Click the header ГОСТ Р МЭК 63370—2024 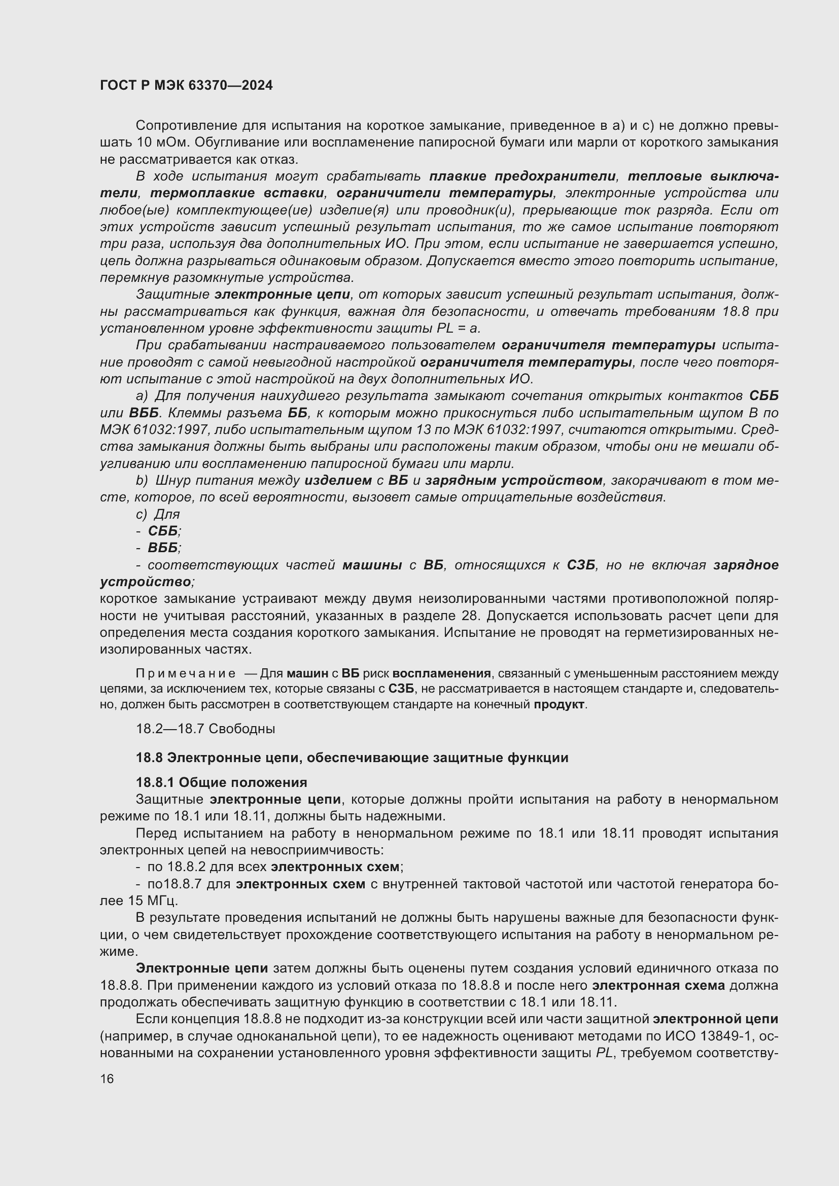tap(186, 86)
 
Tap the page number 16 tap(107, 1079)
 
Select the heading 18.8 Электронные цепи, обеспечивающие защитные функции tap(352, 758)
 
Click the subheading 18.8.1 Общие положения tap(221, 782)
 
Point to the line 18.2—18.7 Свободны tap(205, 729)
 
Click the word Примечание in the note tap(186, 673)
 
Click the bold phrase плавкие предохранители tap(522, 176)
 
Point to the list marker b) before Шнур tap(142, 480)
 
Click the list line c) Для tap(158, 515)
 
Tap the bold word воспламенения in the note tap(442, 673)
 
